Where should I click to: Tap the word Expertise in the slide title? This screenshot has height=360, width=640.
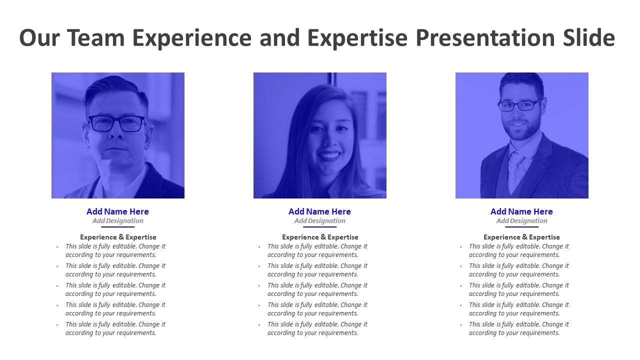pyautogui.click(x=358, y=38)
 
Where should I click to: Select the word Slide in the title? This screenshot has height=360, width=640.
pyautogui.click(x=587, y=38)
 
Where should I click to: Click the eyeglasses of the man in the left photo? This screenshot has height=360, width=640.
pyautogui.click(x=117, y=123)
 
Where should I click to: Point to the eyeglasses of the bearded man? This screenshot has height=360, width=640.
pyautogui.click(x=520, y=105)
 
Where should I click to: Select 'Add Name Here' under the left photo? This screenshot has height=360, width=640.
pyautogui.click(x=117, y=211)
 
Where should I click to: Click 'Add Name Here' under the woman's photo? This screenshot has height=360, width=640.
pyautogui.click(x=319, y=211)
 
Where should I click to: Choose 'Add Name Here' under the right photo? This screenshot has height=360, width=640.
pyautogui.click(x=521, y=211)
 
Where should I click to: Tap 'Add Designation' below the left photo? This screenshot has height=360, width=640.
pyautogui.click(x=117, y=221)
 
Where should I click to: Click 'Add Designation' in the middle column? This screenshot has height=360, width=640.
pyautogui.click(x=319, y=221)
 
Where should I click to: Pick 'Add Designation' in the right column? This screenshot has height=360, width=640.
pyautogui.click(x=521, y=221)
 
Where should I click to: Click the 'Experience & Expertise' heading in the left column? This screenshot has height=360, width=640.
pyautogui.click(x=118, y=237)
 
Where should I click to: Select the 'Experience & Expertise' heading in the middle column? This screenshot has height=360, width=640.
pyautogui.click(x=320, y=237)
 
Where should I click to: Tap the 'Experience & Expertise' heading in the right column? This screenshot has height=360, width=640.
pyautogui.click(x=521, y=237)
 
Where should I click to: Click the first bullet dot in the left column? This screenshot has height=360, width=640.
pyautogui.click(x=57, y=247)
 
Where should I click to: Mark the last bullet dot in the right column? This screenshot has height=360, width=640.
pyautogui.click(x=461, y=325)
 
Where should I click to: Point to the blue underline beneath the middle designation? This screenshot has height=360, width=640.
pyautogui.click(x=319, y=227)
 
